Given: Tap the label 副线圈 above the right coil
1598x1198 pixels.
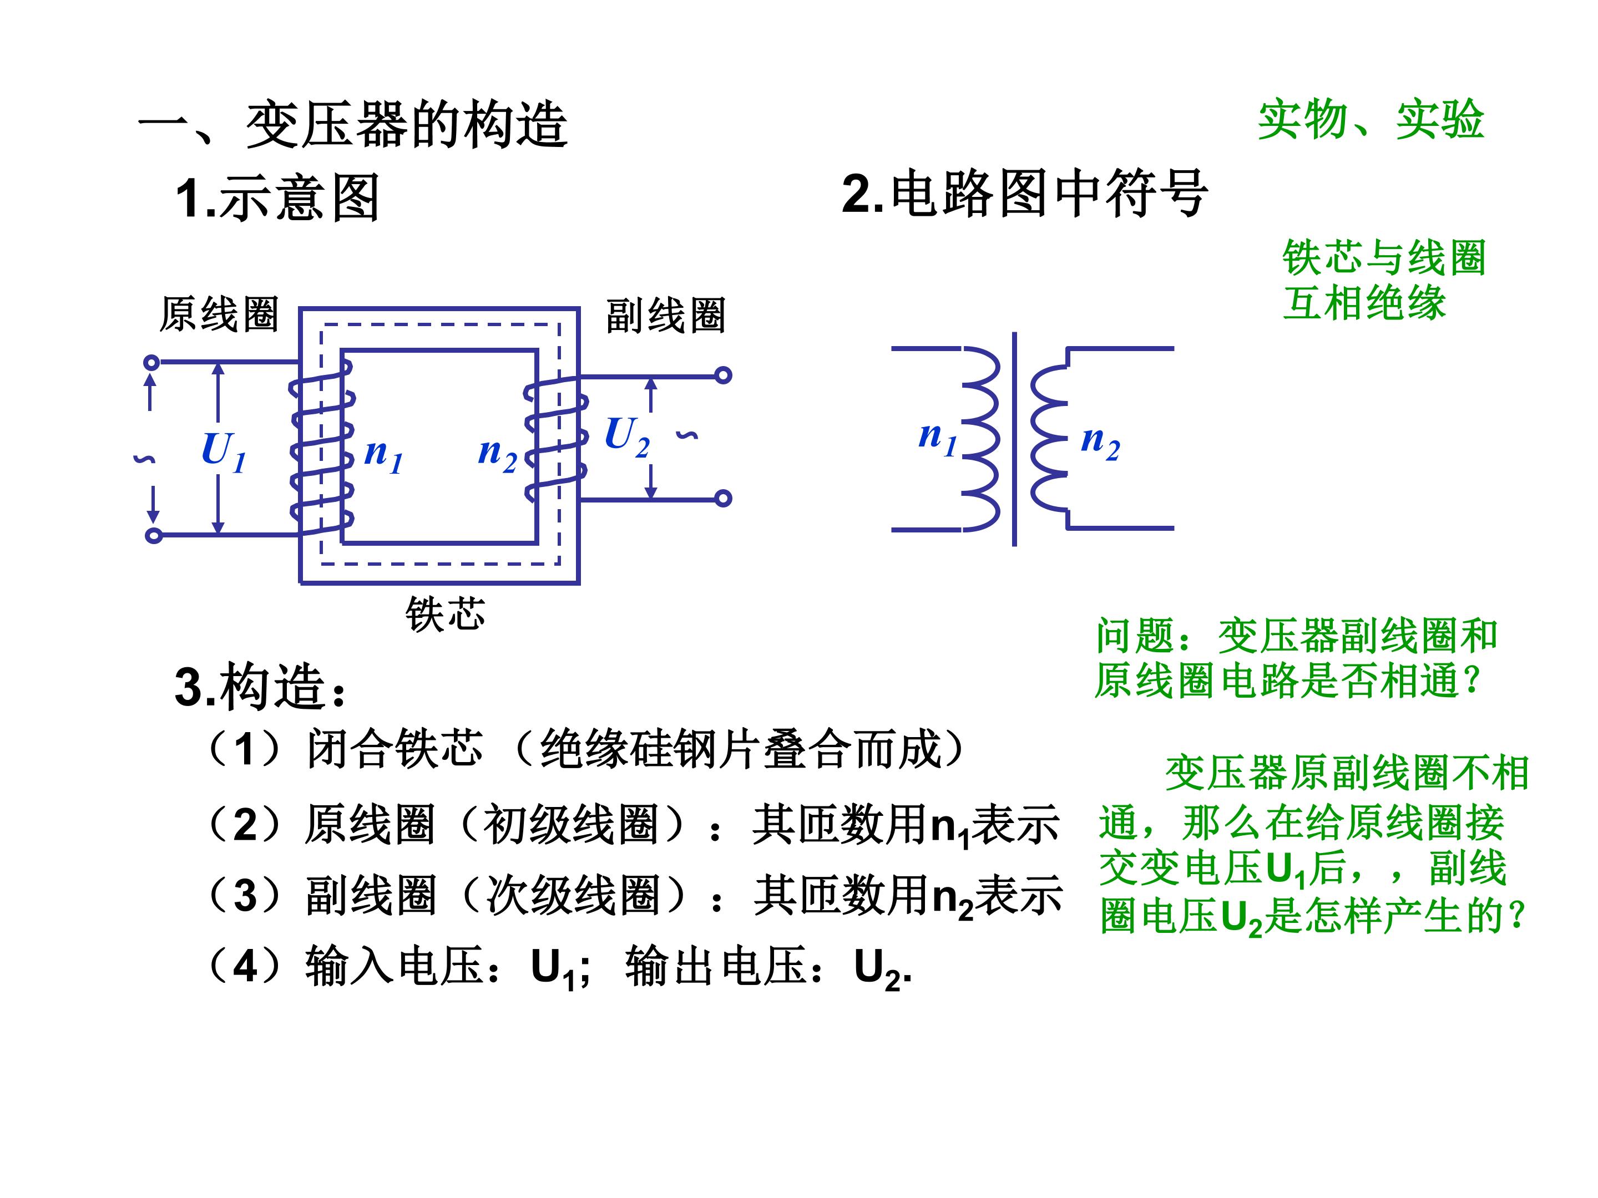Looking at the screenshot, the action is coord(665,316).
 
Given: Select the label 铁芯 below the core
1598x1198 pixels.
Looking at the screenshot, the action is coord(445,615).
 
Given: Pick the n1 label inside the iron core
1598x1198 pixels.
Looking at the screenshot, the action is coord(383,455).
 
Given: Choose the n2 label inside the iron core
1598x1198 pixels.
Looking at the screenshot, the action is coord(498,455).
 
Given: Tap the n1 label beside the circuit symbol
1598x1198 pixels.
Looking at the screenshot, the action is coord(938,438).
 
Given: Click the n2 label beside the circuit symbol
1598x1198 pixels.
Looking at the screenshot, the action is coord(1100,441).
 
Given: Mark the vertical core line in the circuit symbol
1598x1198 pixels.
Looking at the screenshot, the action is coord(1014,439).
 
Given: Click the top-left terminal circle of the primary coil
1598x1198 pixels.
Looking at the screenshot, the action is coord(151,363).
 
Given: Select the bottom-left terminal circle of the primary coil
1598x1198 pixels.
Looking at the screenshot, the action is coord(153,535).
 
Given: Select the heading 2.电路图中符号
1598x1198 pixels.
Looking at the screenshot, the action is coord(1024,193).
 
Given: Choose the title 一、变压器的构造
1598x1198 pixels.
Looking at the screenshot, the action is coord(352,124).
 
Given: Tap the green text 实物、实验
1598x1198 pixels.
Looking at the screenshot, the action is coord(1371,119).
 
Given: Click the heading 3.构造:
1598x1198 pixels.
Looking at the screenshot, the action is coord(261,686).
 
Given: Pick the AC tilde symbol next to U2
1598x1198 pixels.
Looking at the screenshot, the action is coord(687,435).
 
